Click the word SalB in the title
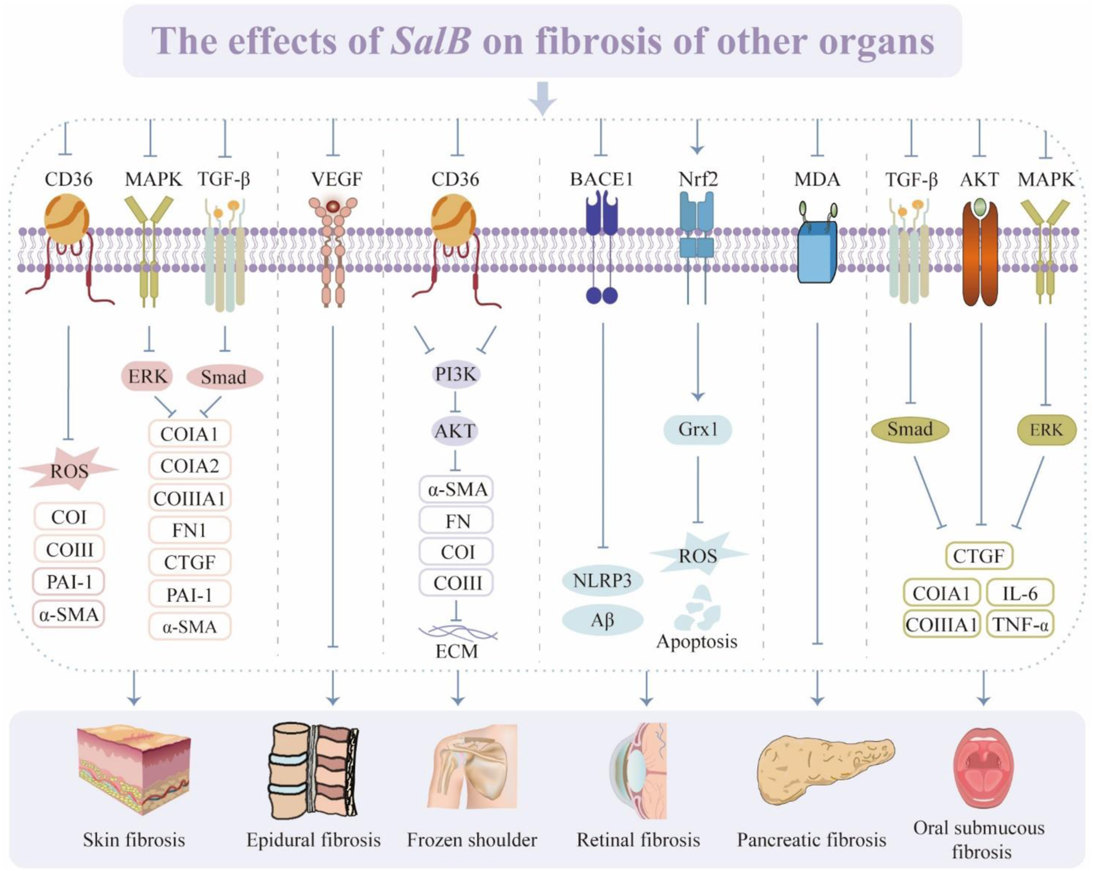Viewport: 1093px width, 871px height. click(431, 41)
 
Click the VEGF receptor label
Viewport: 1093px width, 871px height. click(336, 180)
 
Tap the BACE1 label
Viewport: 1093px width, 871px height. click(601, 180)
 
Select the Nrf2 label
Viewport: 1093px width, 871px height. click(698, 180)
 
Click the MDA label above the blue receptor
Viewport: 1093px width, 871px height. click(817, 180)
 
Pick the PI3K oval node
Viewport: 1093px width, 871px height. click(455, 375)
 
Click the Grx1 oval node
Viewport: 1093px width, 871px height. click(698, 429)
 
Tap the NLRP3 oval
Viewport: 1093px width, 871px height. click(602, 581)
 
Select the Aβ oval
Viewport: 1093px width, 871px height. click(602, 620)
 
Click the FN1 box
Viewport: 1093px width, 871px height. click(189, 530)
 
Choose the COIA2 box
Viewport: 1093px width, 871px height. click(189, 465)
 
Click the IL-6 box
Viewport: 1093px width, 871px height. click(1020, 593)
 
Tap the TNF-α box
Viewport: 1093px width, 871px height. click(1020, 625)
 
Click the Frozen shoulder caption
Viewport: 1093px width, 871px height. click(472, 840)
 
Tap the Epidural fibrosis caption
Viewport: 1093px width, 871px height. click(313, 840)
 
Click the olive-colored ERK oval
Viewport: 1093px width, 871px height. click(1046, 430)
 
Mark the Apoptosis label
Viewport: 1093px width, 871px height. click(696, 641)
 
